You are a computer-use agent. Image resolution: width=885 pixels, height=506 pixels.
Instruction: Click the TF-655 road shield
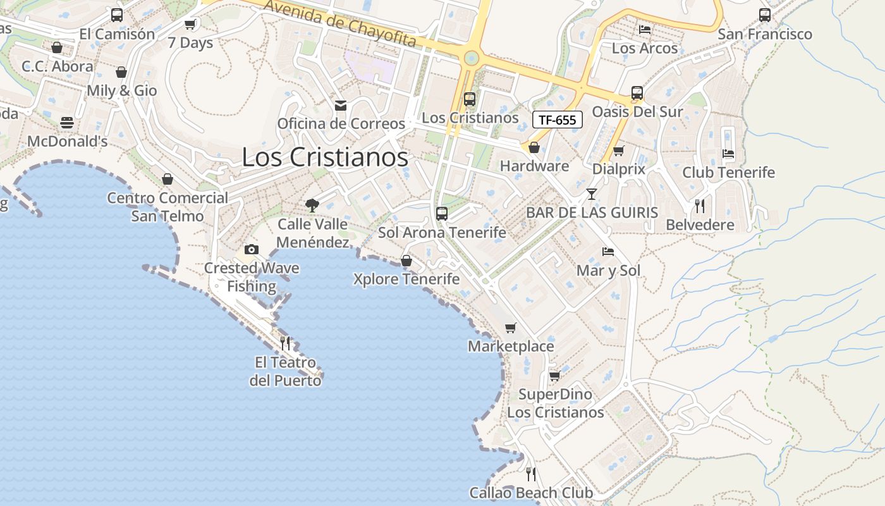pos(557,120)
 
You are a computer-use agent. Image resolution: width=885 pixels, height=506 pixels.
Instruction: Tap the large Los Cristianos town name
pos(325,157)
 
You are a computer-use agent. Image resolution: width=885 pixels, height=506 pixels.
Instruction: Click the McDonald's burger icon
pos(67,123)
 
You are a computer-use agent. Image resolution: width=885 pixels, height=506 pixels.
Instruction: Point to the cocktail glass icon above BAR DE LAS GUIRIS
pos(591,194)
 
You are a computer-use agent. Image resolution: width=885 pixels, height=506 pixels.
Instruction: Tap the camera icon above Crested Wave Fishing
pos(252,249)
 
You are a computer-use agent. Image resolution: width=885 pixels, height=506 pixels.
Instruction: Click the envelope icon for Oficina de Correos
pos(341,105)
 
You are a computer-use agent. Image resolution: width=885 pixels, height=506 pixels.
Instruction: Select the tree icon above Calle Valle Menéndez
pos(312,205)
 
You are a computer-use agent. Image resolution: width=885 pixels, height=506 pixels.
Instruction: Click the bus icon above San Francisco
pos(764,15)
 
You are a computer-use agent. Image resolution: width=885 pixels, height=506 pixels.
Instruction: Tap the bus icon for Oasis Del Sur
pos(637,93)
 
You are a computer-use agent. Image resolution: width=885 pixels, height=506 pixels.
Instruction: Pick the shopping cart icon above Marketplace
pos(510,328)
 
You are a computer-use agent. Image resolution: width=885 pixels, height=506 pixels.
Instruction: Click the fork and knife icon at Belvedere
pos(699,206)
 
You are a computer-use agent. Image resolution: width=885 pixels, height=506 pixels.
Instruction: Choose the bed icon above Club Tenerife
pos(728,153)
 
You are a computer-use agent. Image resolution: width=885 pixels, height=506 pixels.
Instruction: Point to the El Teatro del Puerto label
pos(285,371)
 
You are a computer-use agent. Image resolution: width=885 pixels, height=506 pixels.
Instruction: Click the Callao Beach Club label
pos(531,493)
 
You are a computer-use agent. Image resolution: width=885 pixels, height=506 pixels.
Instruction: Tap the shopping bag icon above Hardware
pos(534,147)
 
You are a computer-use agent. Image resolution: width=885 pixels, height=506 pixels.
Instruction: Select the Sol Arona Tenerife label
pos(442,233)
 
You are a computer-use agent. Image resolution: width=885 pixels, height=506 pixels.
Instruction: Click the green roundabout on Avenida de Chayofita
pos(470,59)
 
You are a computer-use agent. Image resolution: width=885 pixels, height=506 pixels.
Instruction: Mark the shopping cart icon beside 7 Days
pos(190,25)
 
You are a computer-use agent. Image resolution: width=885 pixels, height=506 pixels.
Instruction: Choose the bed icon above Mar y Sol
pos(607,252)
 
